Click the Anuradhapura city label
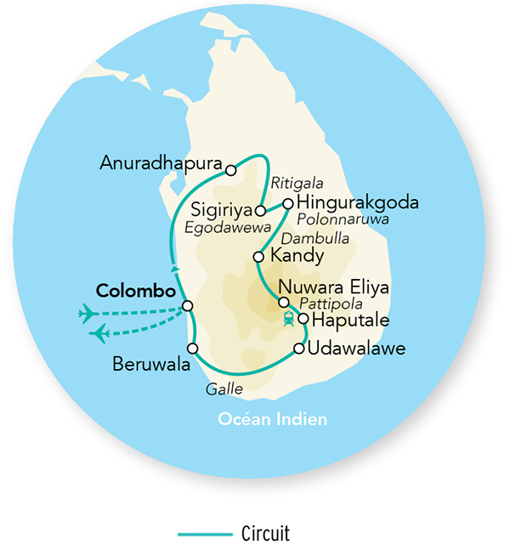161,162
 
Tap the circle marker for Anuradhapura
230,170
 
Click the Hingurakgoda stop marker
288,203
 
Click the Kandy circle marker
258,256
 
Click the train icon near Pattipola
289,320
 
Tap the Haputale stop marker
303,319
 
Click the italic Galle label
224,389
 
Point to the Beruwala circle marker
193,349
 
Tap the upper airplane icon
88,314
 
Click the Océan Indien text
272,419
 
